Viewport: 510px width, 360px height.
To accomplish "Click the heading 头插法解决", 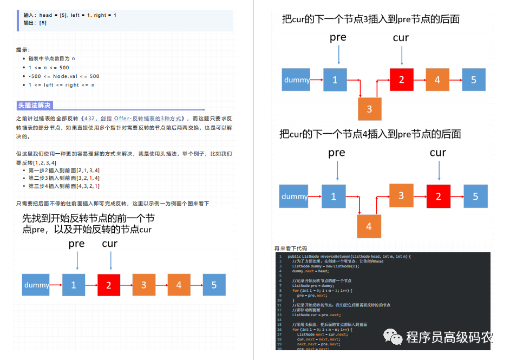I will click(x=34, y=106).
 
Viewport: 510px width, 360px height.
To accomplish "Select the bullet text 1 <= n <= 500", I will click(x=49, y=68).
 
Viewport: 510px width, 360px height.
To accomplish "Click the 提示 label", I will click(x=23, y=50).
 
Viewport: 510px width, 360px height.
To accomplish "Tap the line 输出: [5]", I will click(x=35, y=23).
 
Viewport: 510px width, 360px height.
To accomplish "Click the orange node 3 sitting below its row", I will click(x=369, y=109).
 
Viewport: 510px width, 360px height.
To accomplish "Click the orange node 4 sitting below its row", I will click(x=369, y=226).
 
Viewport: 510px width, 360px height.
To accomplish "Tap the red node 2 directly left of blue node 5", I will click(x=439, y=196).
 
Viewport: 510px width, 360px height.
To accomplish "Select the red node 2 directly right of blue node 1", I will click(x=109, y=285).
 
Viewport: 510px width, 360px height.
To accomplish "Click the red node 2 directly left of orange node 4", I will click(x=401, y=80).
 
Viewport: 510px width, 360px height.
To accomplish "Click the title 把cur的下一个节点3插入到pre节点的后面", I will click(x=371, y=19).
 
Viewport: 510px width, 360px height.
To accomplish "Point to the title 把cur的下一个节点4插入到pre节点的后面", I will click(x=370, y=134).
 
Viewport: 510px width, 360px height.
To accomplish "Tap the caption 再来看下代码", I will click(x=291, y=248).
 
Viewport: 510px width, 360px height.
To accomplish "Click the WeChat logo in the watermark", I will click(x=393, y=337).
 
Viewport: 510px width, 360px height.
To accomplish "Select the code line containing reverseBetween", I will click(x=349, y=256).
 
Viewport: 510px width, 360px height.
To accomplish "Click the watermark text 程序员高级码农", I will click(x=448, y=338).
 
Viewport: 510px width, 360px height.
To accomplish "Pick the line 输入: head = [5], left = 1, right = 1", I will click(x=70, y=15).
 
